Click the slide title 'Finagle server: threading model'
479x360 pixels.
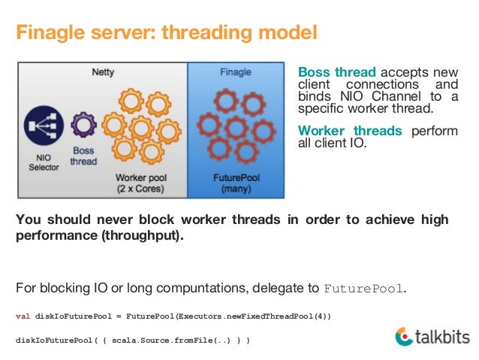click(167, 34)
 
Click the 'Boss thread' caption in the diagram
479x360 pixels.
click(83, 155)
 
